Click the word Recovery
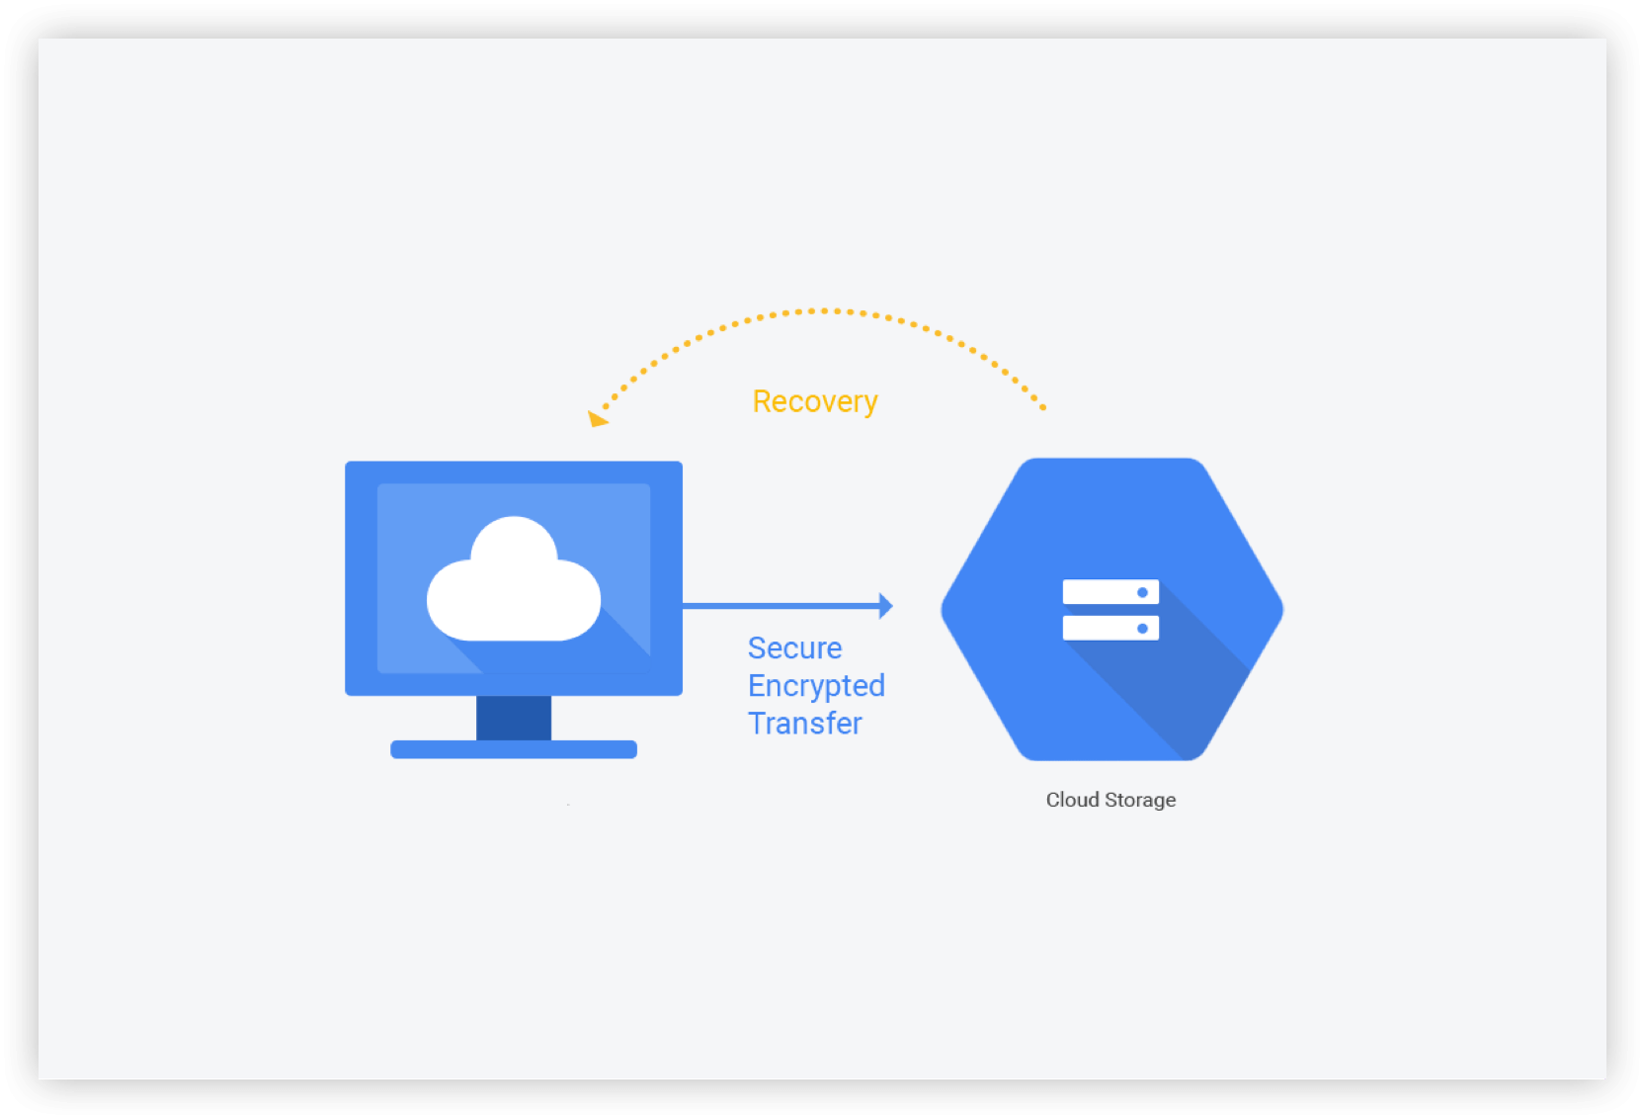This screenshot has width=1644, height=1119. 815,401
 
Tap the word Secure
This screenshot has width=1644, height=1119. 794,648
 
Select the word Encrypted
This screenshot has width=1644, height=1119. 816,686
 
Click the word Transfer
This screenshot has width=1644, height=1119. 804,724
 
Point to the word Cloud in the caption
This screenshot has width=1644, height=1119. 1072,800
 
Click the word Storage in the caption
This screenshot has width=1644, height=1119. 1140,800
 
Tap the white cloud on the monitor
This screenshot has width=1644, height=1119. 513,589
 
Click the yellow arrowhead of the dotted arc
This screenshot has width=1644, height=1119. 597,419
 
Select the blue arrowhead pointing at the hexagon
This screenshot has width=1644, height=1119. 885,606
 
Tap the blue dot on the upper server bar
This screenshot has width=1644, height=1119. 1142,592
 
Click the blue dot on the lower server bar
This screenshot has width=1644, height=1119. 1142,628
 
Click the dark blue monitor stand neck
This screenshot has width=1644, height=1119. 514,718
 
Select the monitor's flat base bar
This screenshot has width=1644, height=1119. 514,749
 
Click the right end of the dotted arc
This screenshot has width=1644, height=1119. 1042,406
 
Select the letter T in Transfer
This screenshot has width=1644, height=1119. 757,724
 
